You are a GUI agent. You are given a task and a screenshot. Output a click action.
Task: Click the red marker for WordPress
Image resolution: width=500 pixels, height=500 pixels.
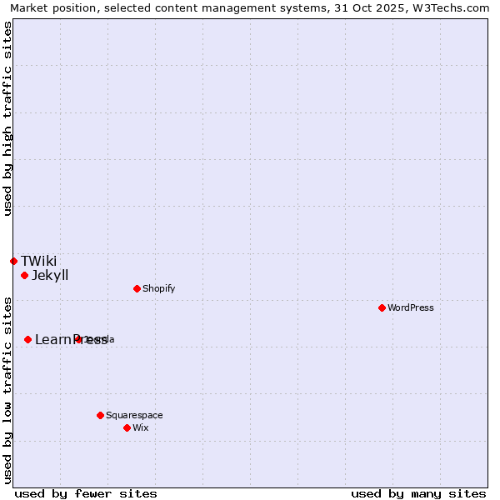click(x=382, y=308)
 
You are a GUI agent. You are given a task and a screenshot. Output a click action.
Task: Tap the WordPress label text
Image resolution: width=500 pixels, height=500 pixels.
click(x=411, y=308)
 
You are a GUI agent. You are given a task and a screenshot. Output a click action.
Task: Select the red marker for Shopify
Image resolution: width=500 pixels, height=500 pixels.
click(x=137, y=289)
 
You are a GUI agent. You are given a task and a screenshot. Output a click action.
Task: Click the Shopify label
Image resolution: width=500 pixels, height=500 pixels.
click(x=159, y=289)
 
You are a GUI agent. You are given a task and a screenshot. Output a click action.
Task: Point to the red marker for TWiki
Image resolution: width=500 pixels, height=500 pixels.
click(x=14, y=262)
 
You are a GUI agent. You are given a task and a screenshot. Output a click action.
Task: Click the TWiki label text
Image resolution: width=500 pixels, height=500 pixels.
click(x=39, y=262)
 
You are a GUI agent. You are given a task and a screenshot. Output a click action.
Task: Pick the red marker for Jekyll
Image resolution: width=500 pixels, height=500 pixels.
click(x=25, y=276)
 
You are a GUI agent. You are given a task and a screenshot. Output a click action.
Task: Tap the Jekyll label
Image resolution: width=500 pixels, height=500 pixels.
click(x=50, y=276)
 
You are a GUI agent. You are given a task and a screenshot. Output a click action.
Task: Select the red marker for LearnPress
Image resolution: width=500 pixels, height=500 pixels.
click(x=28, y=340)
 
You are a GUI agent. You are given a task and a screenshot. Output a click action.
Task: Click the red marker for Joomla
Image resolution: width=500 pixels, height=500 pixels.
click(x=78, y=339)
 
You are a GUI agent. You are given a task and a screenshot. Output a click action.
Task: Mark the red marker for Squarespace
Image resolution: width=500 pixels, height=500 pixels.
click(x=101, y=416)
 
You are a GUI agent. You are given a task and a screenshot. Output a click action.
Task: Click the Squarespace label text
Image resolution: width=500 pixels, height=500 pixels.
click(x=134, y=416)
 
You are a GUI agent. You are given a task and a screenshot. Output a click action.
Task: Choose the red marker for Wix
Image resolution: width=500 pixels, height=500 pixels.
click(x=127, y=428)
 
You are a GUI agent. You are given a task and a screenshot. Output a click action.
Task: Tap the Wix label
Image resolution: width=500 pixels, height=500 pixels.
click(x=141, y=428)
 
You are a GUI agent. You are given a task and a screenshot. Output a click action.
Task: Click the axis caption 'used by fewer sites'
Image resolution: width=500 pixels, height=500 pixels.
click(x=86, y=493)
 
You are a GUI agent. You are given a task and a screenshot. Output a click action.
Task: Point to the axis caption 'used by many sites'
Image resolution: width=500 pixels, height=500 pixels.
click(x=418, y=493)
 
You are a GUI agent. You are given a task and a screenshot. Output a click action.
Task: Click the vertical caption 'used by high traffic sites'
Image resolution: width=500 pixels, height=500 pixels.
click(x=7, y=118)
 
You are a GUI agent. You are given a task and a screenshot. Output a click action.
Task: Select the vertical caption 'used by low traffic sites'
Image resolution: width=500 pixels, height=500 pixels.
click(x=7, y=390)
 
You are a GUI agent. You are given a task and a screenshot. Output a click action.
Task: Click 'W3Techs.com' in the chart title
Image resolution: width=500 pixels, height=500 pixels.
click(x=455, y=7)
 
